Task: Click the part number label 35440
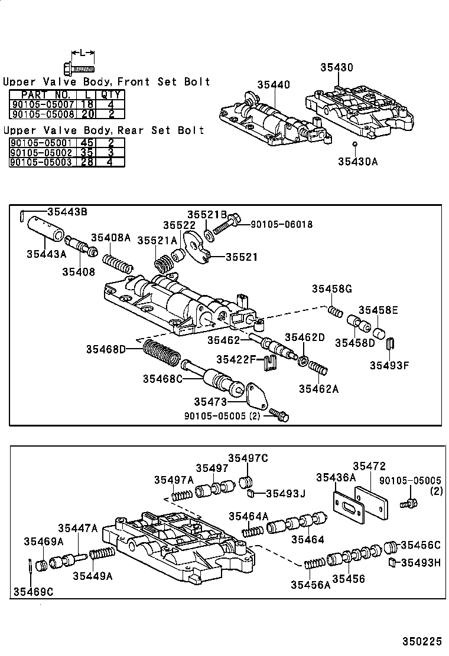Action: [x=274, y=85]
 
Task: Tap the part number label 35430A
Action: [x=357, y=160]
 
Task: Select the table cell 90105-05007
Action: [x=41, y=104]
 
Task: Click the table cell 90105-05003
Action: [x=41, y=162]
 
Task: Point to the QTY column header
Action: [x=110, y=94]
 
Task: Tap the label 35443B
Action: [x=67, y=211]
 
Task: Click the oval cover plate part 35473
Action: [x=258, y=395]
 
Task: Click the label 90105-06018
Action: [x=281, y=224]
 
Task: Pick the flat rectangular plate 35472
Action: [x=371, y=501]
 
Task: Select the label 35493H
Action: [x=421, y=563]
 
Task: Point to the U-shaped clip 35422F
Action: [x=269, y=363]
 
